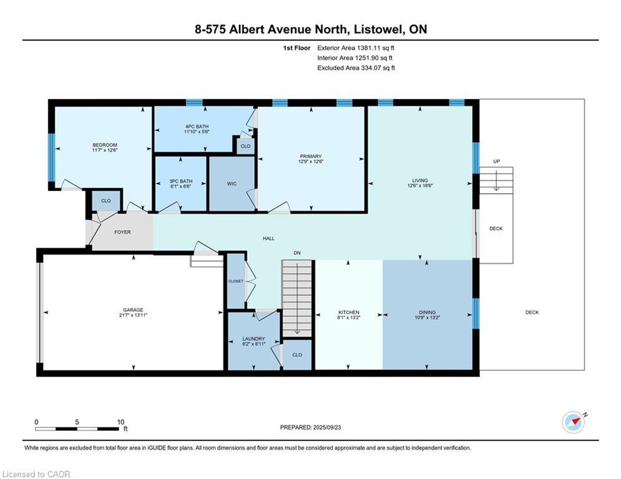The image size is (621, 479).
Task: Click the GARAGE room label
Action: click(133, 310)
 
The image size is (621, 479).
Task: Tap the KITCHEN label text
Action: click(349, 312)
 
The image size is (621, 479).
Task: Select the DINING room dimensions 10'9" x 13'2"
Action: click(428, 317)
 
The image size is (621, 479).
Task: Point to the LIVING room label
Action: click(420, 181)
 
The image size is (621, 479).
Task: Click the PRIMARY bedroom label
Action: click(310, 157)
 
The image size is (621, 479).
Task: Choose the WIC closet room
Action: click(231, 184)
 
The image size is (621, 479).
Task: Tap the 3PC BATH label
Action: click(181, 181)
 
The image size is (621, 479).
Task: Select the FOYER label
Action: click(122, 232)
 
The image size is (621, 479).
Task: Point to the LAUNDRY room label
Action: click(253, 339)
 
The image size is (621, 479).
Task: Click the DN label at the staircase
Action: click(298, 253)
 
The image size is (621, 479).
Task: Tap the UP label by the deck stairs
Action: click(496, 162)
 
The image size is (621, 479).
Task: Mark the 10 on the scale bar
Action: click(120, 422)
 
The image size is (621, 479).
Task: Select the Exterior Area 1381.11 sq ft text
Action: click(355, 47)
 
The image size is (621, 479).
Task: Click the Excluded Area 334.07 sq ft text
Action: click(356, 68)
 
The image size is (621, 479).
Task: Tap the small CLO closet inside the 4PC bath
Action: click(245, 146)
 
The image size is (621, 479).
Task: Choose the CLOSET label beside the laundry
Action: click(236, 281)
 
